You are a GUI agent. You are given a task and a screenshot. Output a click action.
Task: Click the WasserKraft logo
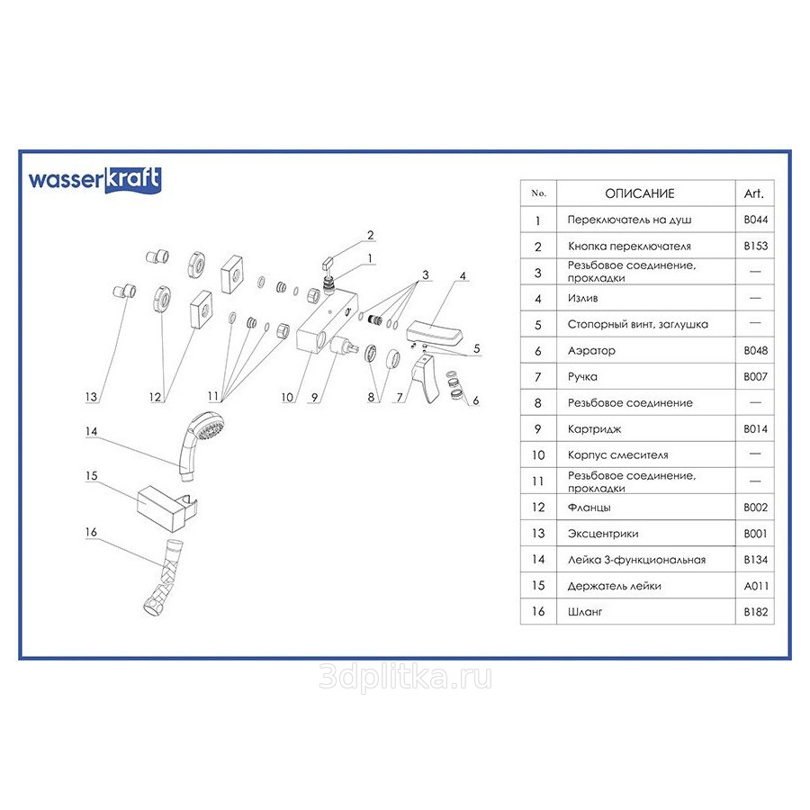(94, 178)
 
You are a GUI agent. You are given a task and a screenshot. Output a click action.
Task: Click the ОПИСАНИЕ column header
(639, 193)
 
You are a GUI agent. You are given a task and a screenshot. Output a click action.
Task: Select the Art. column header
(754, 193)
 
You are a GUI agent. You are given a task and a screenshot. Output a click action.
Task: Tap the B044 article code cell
(755, 220)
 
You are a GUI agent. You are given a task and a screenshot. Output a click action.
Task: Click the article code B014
(755, 429)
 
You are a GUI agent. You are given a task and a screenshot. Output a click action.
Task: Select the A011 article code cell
(755, 586)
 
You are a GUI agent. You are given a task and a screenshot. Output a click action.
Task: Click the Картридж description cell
(594, 429)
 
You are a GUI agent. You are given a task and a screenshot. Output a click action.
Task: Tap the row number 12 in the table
(539, 508)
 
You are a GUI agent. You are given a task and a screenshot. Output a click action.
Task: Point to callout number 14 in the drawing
(90, 431)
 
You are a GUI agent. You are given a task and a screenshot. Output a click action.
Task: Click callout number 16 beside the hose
(90, 532)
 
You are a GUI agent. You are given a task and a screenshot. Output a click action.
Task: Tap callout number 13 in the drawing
(90, 396)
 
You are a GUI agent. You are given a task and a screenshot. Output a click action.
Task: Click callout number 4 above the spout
(463, 275)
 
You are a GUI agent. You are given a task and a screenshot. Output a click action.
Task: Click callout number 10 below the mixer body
(287, 397)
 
